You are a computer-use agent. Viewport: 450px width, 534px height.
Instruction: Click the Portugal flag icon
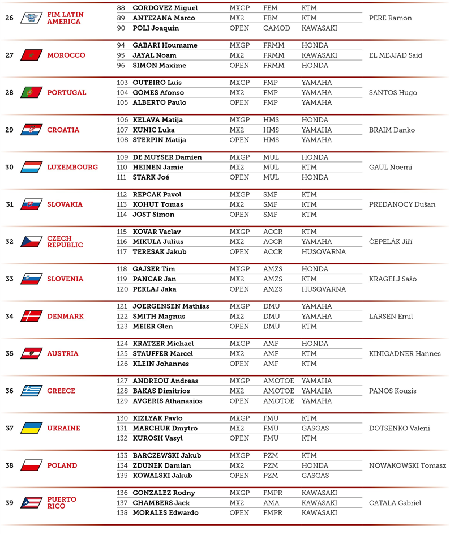point(31,92)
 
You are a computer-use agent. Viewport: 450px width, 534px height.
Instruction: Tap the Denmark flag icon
point(31,316)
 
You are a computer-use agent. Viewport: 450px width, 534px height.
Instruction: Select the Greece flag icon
point(31,391)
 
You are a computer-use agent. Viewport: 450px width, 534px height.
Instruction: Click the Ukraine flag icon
point(31,428)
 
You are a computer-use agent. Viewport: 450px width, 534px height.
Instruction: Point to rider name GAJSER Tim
point(154,269)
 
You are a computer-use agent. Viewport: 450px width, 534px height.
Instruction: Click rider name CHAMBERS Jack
point(161,503)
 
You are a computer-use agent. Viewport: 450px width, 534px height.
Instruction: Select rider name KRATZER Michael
point(163,344)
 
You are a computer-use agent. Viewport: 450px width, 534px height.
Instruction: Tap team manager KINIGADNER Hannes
point(404,354)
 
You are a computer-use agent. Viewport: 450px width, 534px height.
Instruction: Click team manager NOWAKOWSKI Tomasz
point(407,465)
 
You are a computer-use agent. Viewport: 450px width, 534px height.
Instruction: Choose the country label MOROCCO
point(66,55)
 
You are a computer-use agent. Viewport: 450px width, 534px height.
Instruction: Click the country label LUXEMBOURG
point(72,167)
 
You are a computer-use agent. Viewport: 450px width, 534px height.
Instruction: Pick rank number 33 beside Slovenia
point(9,279)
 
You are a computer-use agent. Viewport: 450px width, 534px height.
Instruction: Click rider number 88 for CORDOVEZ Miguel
point(121,8)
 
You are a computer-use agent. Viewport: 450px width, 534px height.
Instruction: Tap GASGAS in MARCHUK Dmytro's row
point(315,429)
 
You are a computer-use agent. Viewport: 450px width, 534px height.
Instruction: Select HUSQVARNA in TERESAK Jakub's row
point(324,252)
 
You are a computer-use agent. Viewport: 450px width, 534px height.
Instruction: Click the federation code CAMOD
point(276,28)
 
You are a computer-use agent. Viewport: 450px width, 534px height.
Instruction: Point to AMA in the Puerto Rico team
point(271,503)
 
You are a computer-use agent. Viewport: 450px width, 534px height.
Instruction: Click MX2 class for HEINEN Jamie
point(237,168)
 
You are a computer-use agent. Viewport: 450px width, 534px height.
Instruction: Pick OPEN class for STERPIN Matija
point(239,140)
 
